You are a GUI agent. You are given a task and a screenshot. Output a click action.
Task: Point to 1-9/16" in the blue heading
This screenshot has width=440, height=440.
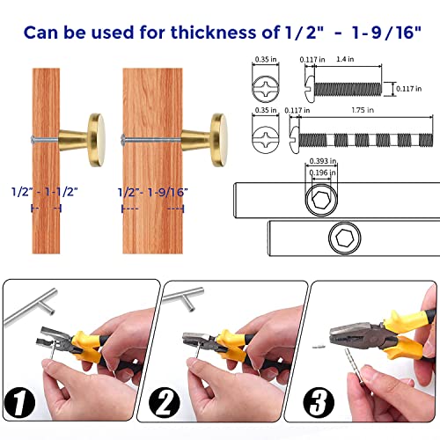pos(376,33)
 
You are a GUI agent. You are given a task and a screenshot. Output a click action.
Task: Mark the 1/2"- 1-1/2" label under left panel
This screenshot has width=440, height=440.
pos(44,190)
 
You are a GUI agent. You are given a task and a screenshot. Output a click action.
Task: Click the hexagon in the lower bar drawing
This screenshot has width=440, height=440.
pos(347,239)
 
